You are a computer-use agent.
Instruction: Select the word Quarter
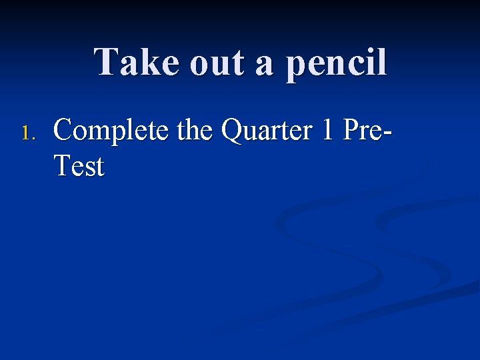(x=266, y=131)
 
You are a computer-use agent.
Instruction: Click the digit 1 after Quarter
(x=326, y=131)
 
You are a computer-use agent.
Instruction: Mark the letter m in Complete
(x=97, y=134)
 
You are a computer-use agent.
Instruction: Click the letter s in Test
(x=88, y=168)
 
